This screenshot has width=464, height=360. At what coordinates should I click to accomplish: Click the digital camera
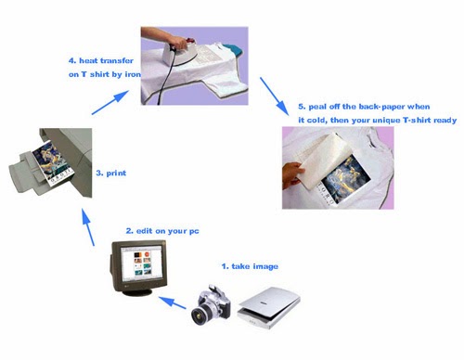click(211, 305)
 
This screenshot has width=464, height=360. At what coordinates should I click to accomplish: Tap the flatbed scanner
click(268, 307)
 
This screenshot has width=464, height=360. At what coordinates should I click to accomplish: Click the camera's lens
click(199, 316)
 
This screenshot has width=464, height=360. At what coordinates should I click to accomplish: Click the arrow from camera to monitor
click(173, 302)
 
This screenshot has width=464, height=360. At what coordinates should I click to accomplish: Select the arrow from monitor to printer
click(88, 227)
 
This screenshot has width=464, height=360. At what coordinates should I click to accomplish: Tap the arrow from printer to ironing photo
click(110, 102)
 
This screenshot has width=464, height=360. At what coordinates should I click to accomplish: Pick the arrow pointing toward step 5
click(274, 96)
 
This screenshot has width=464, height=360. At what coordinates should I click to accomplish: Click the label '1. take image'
click(250, 266)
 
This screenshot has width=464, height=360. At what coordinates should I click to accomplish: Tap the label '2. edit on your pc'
click(162, 231)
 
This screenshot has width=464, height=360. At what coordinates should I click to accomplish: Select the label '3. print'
click(111, 174)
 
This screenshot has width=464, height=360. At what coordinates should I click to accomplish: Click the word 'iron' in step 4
click(133, 74)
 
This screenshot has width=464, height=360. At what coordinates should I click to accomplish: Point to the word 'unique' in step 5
click(386, 120)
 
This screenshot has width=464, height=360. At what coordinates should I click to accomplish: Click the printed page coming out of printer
click(52, 163)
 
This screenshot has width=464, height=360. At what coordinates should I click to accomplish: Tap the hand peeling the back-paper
click(292, 175)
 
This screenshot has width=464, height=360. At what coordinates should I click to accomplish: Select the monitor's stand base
click(139, 291)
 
